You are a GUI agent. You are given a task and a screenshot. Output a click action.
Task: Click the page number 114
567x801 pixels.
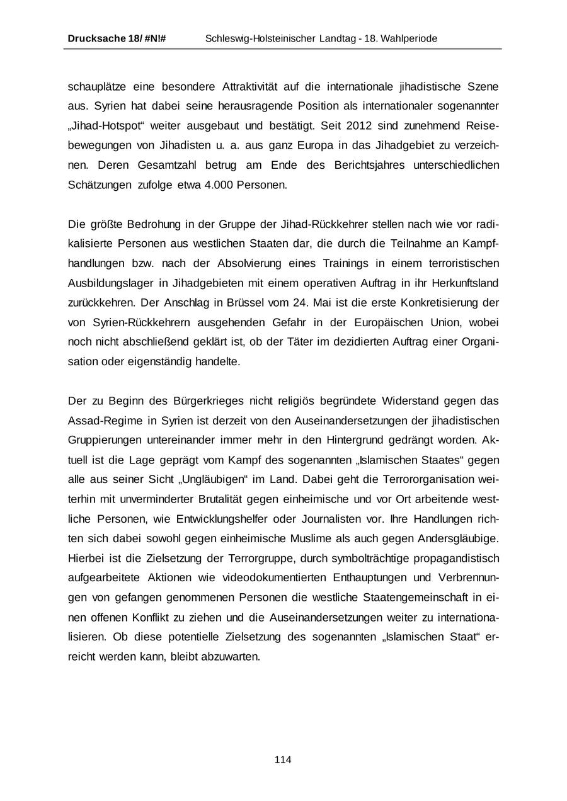[x=283, y=759]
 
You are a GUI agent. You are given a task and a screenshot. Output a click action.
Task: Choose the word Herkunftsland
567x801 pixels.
[x=466, y=283]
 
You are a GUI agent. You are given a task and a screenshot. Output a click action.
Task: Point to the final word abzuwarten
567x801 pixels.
[x=231, y=656]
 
